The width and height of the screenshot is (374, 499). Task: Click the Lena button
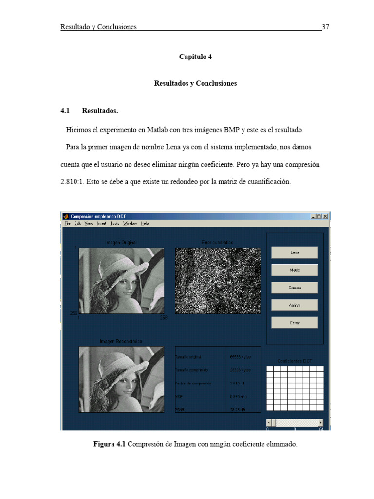coord(294,252)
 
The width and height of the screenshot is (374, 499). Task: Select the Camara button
coord(294,288)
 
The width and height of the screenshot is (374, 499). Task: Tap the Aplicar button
coord(294,305)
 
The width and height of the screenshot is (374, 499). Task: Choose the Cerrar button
coord(294,323)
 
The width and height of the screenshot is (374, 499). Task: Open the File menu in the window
coord(67,224)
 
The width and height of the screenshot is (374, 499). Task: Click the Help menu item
coord(145,224)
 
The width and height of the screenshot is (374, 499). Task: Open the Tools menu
coord(114,224)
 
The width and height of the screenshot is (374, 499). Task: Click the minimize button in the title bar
coord(313,216)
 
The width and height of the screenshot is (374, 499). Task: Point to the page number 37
coord(326,27)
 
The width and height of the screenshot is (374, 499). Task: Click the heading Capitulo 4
coord(195,57)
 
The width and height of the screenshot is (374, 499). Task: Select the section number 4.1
coord(65,111)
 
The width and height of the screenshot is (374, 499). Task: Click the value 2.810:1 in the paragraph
coord(69,182)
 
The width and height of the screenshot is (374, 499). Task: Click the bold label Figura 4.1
coord(110,444)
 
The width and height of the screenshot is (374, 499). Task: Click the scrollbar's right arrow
coord(320,422)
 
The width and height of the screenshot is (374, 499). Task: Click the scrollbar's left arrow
coord(269,422)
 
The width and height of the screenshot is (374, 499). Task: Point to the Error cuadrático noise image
coord(217,280)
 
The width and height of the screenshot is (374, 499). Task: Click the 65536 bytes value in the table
coord(240,357)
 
